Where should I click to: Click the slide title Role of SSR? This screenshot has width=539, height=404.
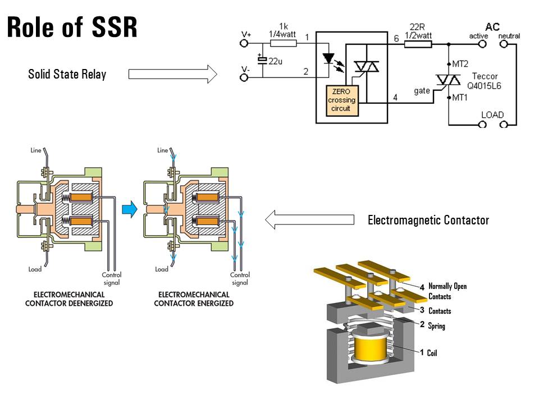[x=72, y=27]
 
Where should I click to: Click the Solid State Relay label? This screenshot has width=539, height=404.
[x=67, y=74]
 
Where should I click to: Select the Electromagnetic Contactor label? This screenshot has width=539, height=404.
[x=428, y=220]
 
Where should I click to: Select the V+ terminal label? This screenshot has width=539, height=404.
[x=246, y=34]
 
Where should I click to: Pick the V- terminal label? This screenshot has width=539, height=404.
[x=245, y=68]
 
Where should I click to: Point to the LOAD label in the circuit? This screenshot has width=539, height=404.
[x=492, y=115]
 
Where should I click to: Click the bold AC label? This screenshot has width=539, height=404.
[x=492, y=26]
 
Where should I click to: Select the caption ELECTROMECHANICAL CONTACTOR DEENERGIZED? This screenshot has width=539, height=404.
[x=69, y=299]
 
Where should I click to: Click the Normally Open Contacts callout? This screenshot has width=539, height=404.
[x=447, y=291]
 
